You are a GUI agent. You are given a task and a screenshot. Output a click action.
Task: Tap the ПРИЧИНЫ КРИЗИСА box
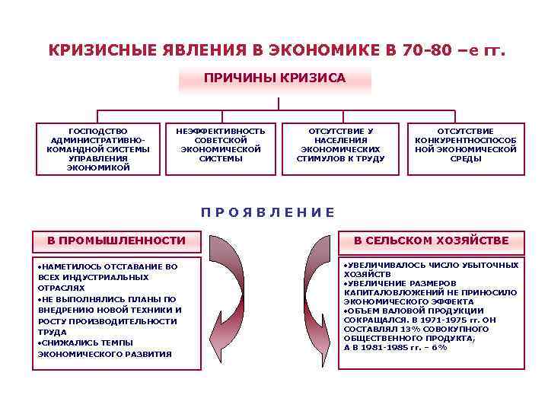[x=275, y=78]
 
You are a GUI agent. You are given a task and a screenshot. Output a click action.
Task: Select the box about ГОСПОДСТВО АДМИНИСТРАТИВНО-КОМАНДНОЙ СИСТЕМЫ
[x=99, y=149]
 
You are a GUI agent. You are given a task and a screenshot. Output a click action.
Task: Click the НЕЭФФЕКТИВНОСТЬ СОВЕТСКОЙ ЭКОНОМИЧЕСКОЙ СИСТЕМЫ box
[x=221, y=145]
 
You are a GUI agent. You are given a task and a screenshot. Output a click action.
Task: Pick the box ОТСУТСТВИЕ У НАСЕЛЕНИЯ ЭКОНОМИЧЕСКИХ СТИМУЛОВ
[x=340, y=145]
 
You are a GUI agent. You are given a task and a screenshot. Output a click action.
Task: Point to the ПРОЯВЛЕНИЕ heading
[x=267, y=212]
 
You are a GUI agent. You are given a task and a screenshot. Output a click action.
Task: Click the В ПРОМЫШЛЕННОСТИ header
[x=116, y=241]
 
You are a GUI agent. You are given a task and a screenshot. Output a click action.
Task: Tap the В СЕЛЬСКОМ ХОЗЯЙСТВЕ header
[x=432, y=241]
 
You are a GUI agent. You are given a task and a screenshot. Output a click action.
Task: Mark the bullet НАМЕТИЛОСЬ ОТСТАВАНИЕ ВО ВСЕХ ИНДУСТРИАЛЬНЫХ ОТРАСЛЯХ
[x=107, y=277]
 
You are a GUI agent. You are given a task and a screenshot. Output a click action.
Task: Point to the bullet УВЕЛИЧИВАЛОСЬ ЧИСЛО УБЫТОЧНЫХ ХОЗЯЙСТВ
[x=431, y=269]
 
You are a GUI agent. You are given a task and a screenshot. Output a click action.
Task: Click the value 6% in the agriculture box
[x=439, y=348]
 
